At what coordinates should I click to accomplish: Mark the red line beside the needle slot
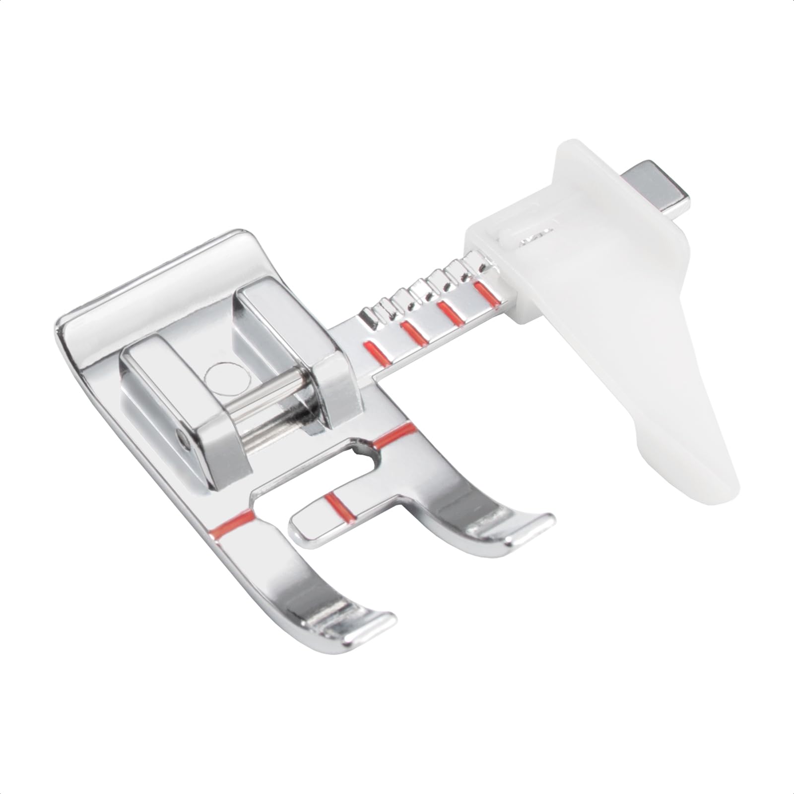click(395, 432)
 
